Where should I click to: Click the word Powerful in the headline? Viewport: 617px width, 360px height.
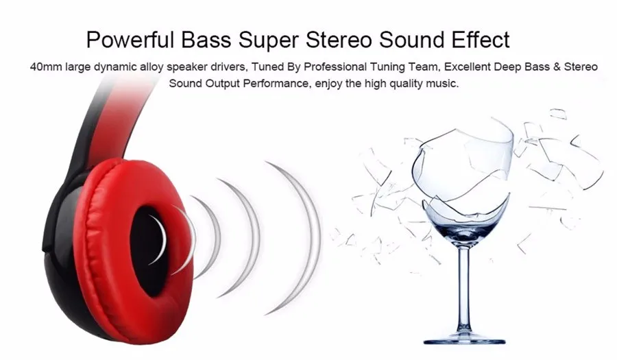point(130,40)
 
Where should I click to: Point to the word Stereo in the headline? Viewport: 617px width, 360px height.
point(339,40)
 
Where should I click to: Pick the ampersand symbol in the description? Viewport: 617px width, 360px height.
point(557,67)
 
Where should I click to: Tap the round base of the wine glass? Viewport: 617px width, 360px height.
point(464,339)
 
